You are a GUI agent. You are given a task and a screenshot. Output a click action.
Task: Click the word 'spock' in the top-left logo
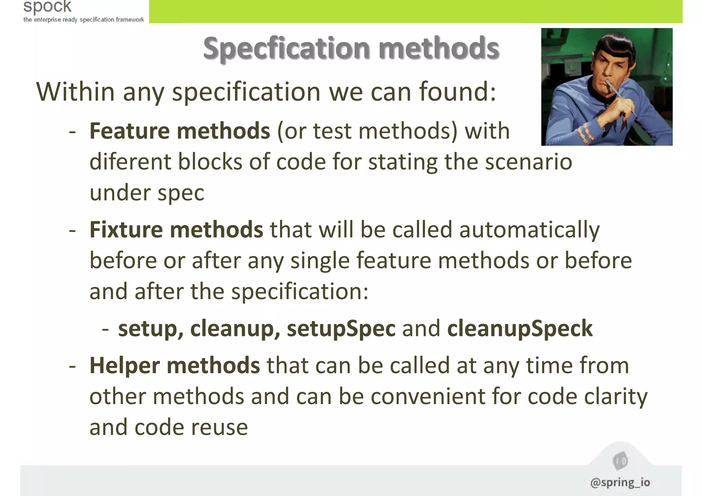47,7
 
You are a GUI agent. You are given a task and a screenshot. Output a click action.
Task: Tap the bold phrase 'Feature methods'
180,131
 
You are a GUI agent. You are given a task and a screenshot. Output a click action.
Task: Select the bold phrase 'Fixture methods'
176,230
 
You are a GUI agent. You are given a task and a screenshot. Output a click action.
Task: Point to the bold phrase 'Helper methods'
174,365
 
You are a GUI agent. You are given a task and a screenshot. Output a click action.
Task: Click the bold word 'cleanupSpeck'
520,328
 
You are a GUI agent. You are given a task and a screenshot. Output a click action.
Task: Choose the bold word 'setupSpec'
341,328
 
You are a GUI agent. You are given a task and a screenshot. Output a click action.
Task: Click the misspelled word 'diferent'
130,162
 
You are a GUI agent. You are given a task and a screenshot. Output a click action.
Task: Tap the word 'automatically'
529,230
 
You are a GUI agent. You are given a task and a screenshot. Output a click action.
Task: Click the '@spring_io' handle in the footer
620,482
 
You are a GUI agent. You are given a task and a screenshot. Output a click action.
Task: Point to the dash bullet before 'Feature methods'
72,132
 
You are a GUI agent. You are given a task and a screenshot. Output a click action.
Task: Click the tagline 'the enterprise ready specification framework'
84,20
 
